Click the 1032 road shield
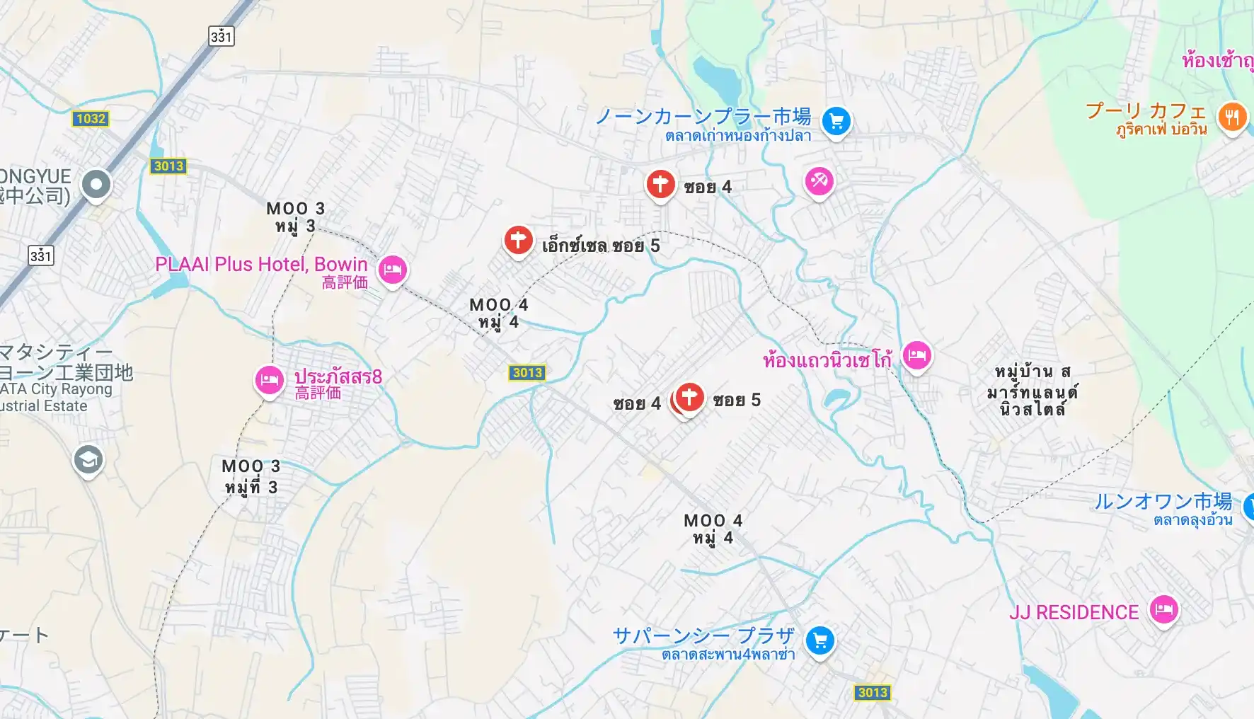[91, 119]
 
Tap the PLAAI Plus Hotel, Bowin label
[261, 265]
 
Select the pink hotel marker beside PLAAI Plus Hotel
[392, 270]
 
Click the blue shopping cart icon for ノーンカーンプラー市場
[836, 121]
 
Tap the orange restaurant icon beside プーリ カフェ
[1231, 117]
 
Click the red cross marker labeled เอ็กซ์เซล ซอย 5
[518, 241]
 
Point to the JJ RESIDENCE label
[1074, 612]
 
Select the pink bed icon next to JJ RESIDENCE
[1163, 609]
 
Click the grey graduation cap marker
[88, 461]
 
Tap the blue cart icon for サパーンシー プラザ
[820, 641]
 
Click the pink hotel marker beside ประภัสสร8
[269, 381]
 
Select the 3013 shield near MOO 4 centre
[527, 373]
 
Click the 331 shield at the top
[222, 36]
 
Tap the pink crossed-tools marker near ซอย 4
[819, 181]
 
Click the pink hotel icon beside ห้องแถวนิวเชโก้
[916, 356]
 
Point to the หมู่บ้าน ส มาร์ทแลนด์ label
[1032, 390]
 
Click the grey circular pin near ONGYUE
[96, 185]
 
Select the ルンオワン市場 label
[1163, 502]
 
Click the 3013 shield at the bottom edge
[872, 693]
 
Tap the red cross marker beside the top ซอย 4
[660, 184]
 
